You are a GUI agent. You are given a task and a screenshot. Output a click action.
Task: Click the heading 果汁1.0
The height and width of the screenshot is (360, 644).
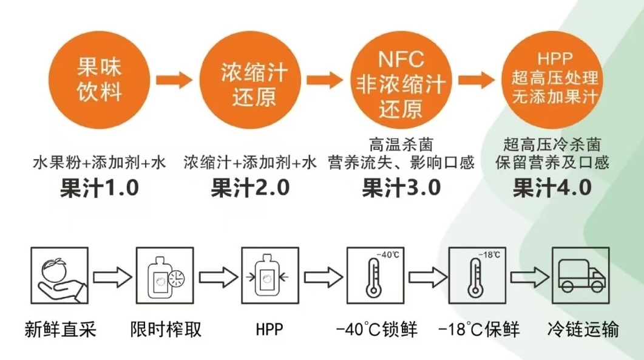pyautogui.click(x=100, y=188)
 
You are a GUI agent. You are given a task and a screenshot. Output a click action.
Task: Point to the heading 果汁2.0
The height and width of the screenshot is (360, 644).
pyautogui.click(x=250, y=188)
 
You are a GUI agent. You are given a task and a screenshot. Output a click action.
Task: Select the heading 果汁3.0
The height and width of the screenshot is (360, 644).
pyautogui.click(x=401, y=188)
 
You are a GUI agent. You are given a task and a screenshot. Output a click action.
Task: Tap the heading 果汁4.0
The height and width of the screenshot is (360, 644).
pyautogui.click(x=552, y=188)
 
